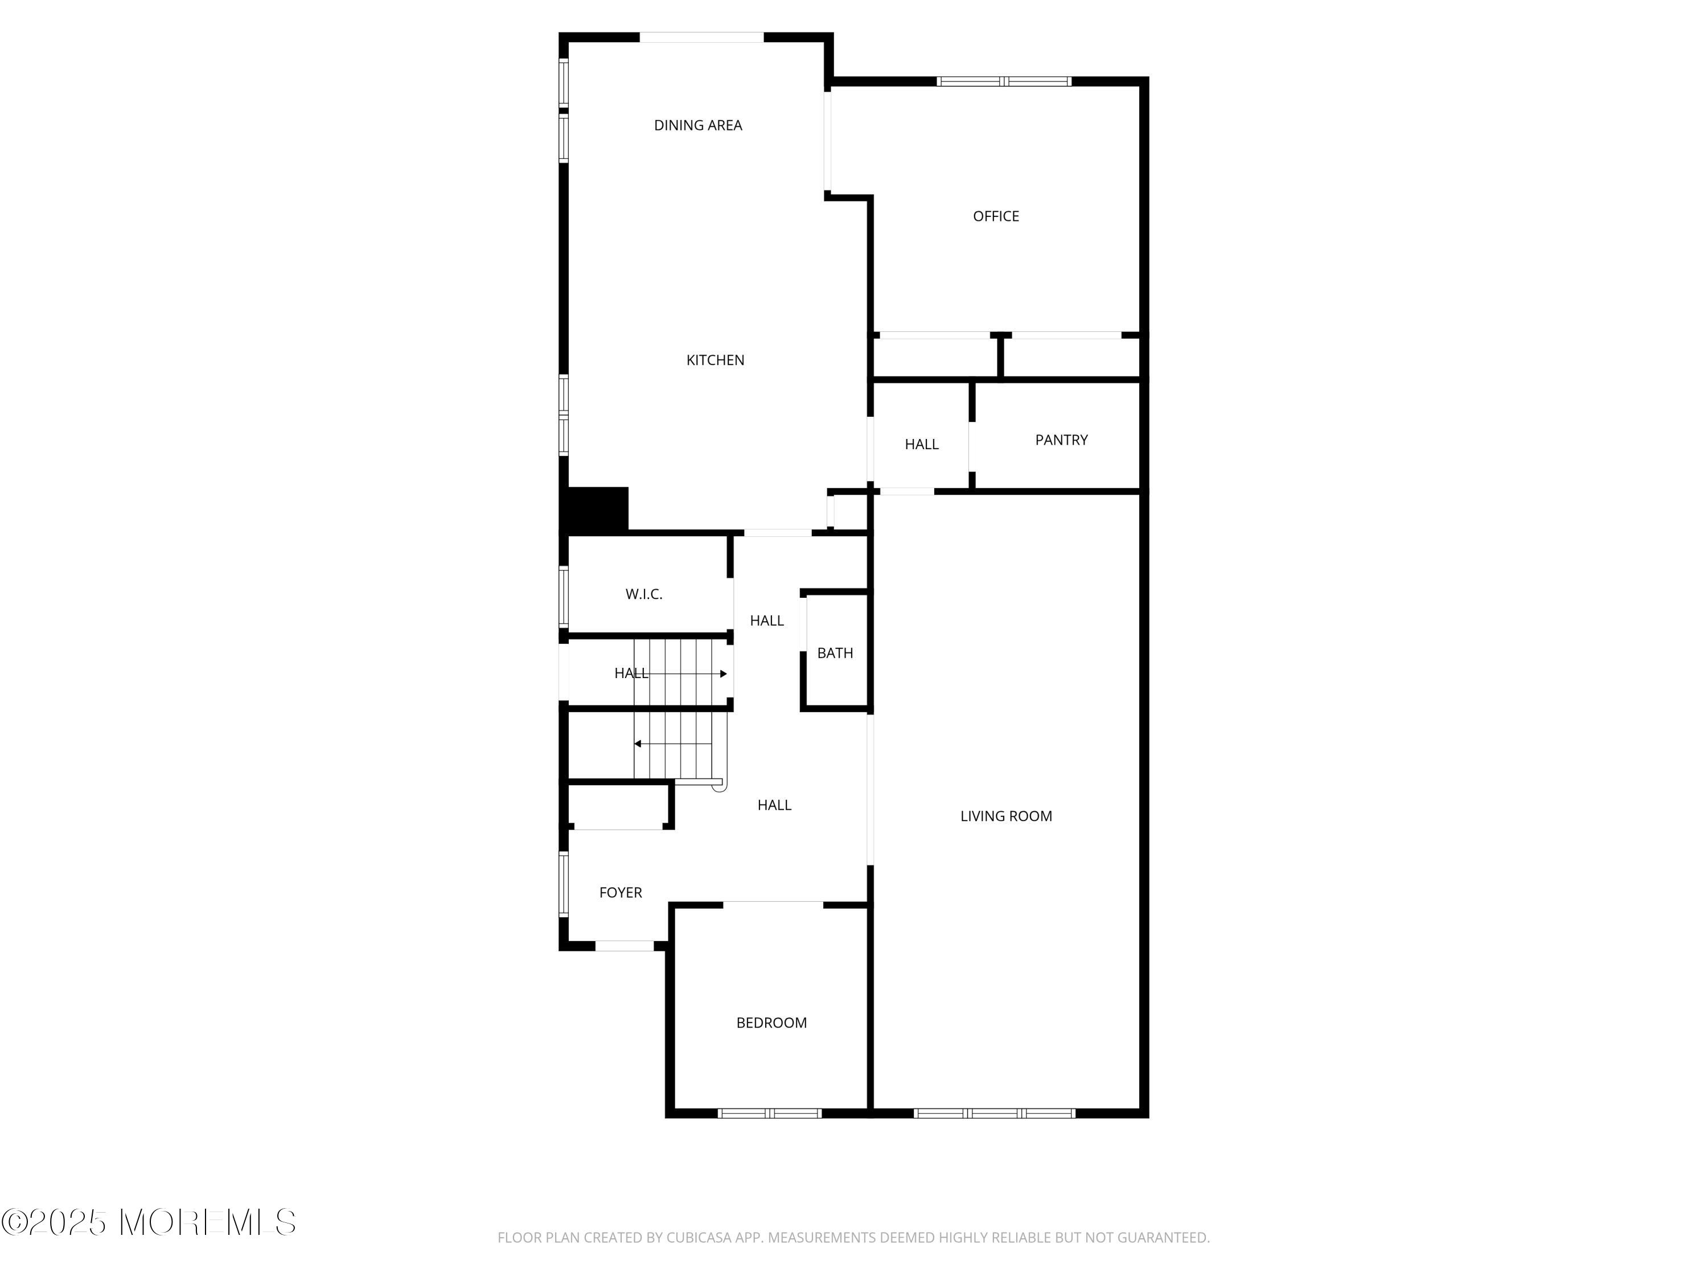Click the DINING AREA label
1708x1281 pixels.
click(698, 125)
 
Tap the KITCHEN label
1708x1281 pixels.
click(715, 360)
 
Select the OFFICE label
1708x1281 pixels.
click(996, 216)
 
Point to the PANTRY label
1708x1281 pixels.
click(1062, 440)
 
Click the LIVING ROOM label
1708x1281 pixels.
click(1006, 816)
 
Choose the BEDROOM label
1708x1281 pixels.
click(771, 1023)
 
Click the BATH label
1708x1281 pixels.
click(835, 652)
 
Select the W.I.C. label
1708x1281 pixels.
click(644, 594)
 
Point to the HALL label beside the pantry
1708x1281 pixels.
click(922, 444)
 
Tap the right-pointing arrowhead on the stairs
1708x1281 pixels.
click(724, 674)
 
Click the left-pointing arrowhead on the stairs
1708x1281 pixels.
click(638, 744)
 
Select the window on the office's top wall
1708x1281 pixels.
click(1004, 81)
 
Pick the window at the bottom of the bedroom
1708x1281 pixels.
click(769, 1112)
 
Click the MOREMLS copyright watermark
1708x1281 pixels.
click(148, 1222)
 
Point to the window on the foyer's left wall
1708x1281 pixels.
click(564, 884)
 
